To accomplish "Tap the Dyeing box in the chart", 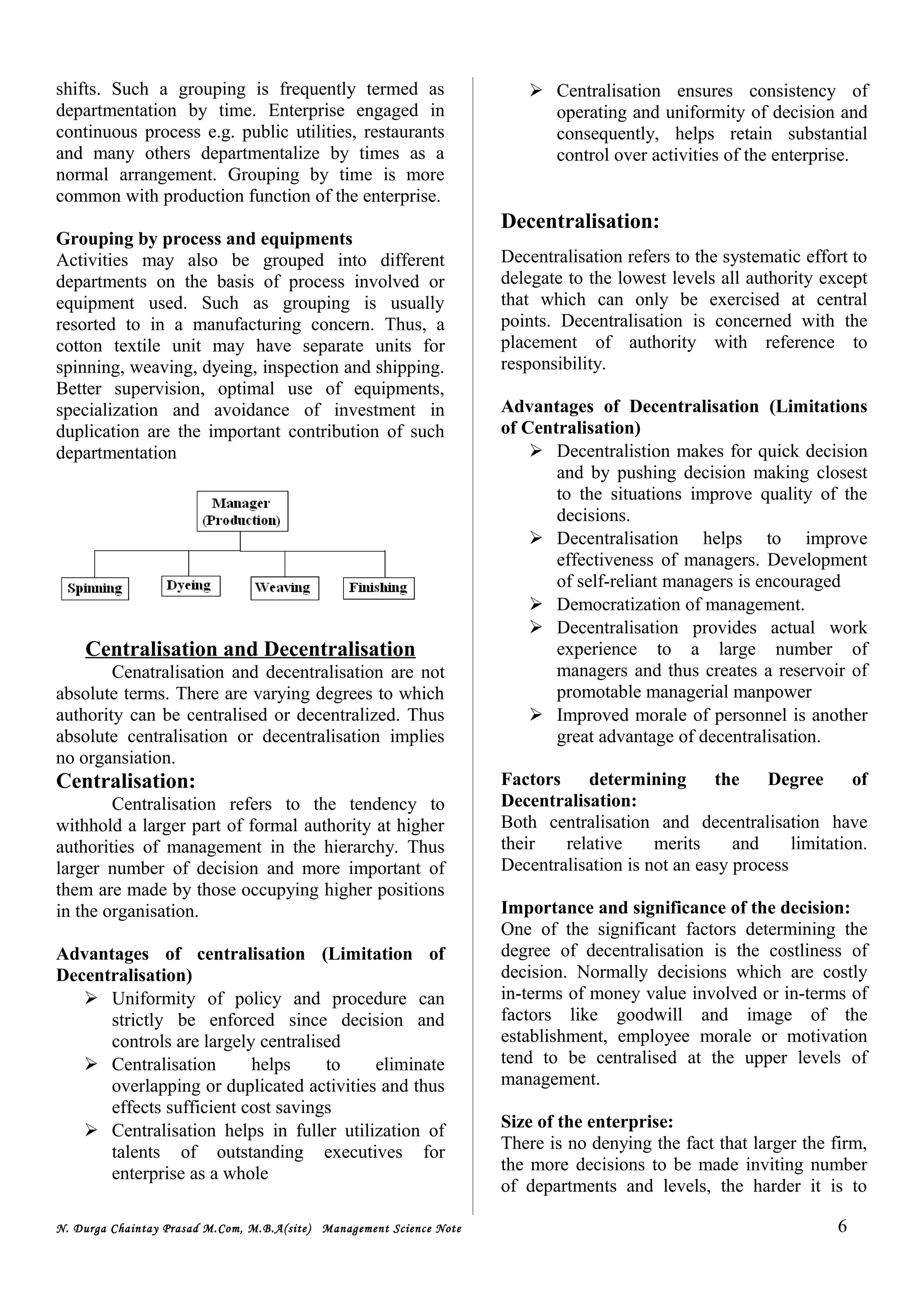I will coord(189,585).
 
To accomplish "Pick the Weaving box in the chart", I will coord(284,588).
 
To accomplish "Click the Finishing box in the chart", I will coord(378,588).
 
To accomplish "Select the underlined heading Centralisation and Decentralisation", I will coord(250,649).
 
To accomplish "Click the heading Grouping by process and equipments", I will coord(204,238).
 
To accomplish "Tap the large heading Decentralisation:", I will coord(580,221).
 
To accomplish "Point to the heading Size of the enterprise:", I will coord(586,1121).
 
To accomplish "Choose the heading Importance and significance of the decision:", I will coord(675,907).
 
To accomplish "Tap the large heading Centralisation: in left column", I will coord(126,781).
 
